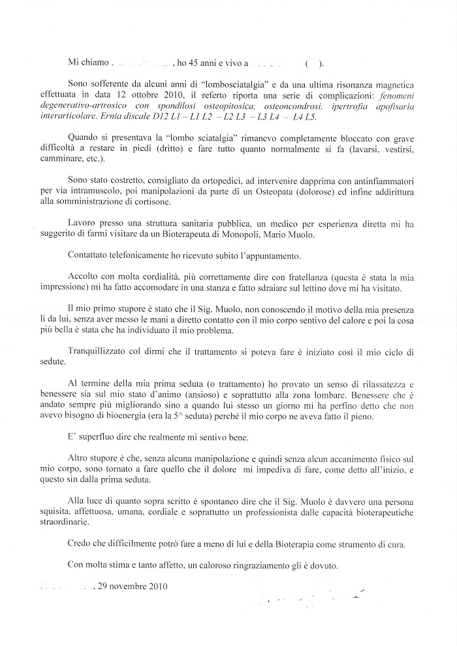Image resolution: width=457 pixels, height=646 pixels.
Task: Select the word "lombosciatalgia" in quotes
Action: [x=219, y=85]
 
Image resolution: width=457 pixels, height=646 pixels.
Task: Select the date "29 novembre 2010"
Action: [x=133, y=586]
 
